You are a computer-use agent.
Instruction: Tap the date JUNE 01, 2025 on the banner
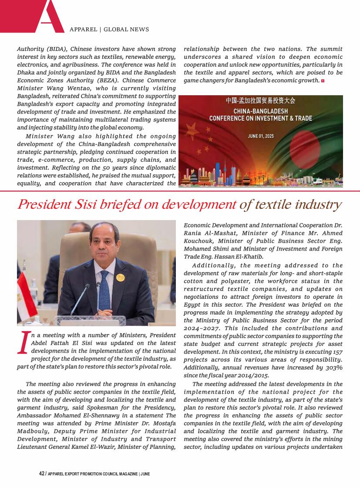point(261,136)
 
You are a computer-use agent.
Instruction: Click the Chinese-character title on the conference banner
point(260,101)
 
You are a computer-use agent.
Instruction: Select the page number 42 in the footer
point(42,474)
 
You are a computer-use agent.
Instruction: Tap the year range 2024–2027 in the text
point(198,328)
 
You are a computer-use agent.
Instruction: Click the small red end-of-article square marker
point(323,81)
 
